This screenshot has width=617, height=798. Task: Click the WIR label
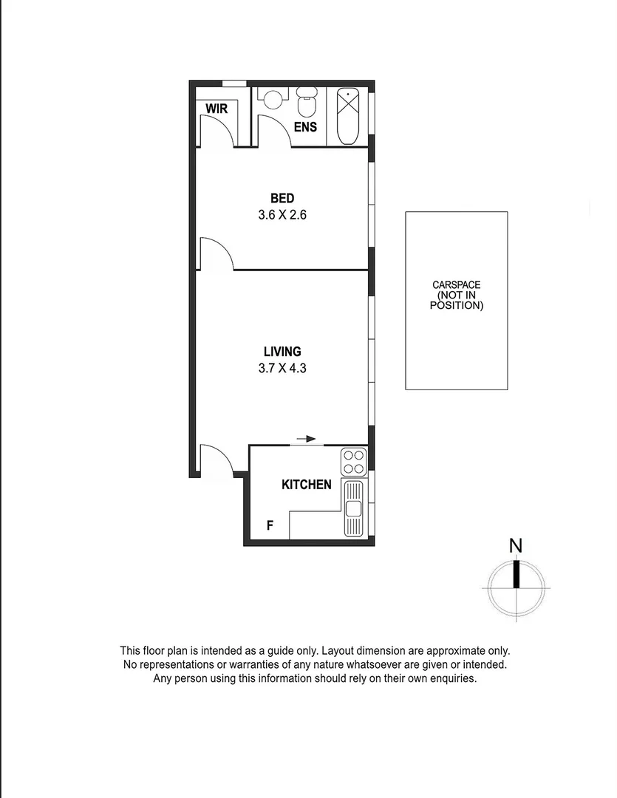[217, 109]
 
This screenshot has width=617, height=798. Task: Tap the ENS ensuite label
[305, 127]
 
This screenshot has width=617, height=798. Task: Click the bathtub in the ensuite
[348, 116]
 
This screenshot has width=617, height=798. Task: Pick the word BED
[282, 198]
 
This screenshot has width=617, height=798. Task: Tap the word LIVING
[282, 352]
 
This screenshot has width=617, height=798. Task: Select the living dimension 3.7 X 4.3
[282, 368]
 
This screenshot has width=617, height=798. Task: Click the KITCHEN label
[306, 485]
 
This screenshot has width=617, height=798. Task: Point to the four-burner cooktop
[353, 461]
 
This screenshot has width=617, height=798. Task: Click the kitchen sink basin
[353, 508]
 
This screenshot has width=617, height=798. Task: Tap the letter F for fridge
[270, 526]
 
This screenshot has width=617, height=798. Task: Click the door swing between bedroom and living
[217, 255]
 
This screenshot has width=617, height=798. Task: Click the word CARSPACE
[456, 284]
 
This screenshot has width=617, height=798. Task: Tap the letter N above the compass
[516, 546]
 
